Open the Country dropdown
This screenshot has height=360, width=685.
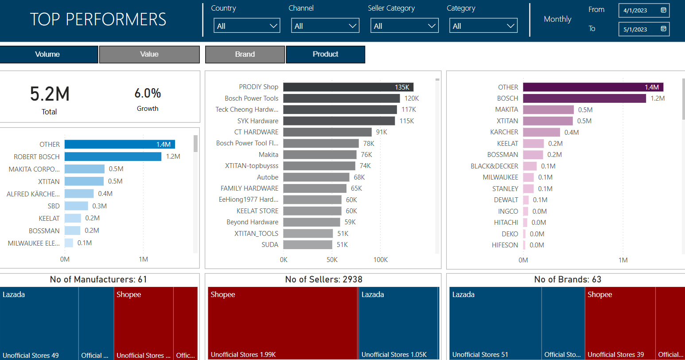(x=247, y=26)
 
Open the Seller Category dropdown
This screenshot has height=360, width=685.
(x=404, y=26)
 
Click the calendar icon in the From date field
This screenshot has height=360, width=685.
(x=663, y=10)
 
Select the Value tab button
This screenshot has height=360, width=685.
(x=149, y=55)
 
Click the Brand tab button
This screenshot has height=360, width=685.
(x=245, y=55)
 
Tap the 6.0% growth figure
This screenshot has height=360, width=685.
(x=148, y=94)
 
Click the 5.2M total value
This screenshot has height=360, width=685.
(x=50, y=94)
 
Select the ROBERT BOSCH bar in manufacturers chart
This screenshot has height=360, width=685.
(x=113, y=157)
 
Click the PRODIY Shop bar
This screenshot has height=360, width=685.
(x=348, y=87)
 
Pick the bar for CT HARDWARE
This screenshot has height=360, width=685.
(x=327, y=132)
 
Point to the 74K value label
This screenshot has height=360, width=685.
(x=365, y=166)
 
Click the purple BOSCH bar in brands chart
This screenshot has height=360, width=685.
(x=584, y=98)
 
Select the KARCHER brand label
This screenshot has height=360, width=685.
(x=504, y=132)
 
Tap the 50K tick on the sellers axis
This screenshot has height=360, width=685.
(x=332, y=260)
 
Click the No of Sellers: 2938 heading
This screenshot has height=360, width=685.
(x=323, y=280)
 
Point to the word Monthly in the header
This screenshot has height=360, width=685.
(x=557, y=19)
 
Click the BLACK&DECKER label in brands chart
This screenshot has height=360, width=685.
(x=494, y=166)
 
